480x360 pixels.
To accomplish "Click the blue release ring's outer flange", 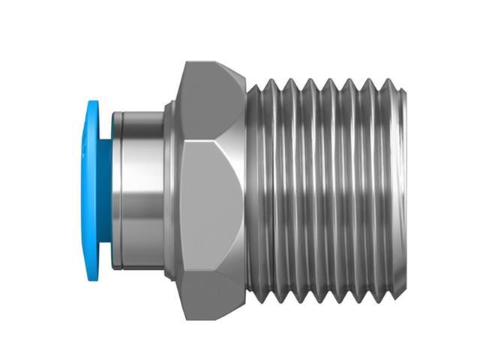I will pyautogui.click(x=91, y=184).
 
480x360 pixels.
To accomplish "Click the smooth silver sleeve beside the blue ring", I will pyautogui.click(x=139, y=187).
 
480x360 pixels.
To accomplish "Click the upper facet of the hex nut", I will pyautogui.click(x=210, y=101).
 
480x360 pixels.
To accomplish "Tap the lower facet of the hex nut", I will pyautogui.click(x=210, y=281).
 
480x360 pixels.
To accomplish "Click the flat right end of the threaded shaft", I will pyautogui.click(x=403, y=187).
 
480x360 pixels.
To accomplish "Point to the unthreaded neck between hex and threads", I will pyautogui.click(x=250, y=187).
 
